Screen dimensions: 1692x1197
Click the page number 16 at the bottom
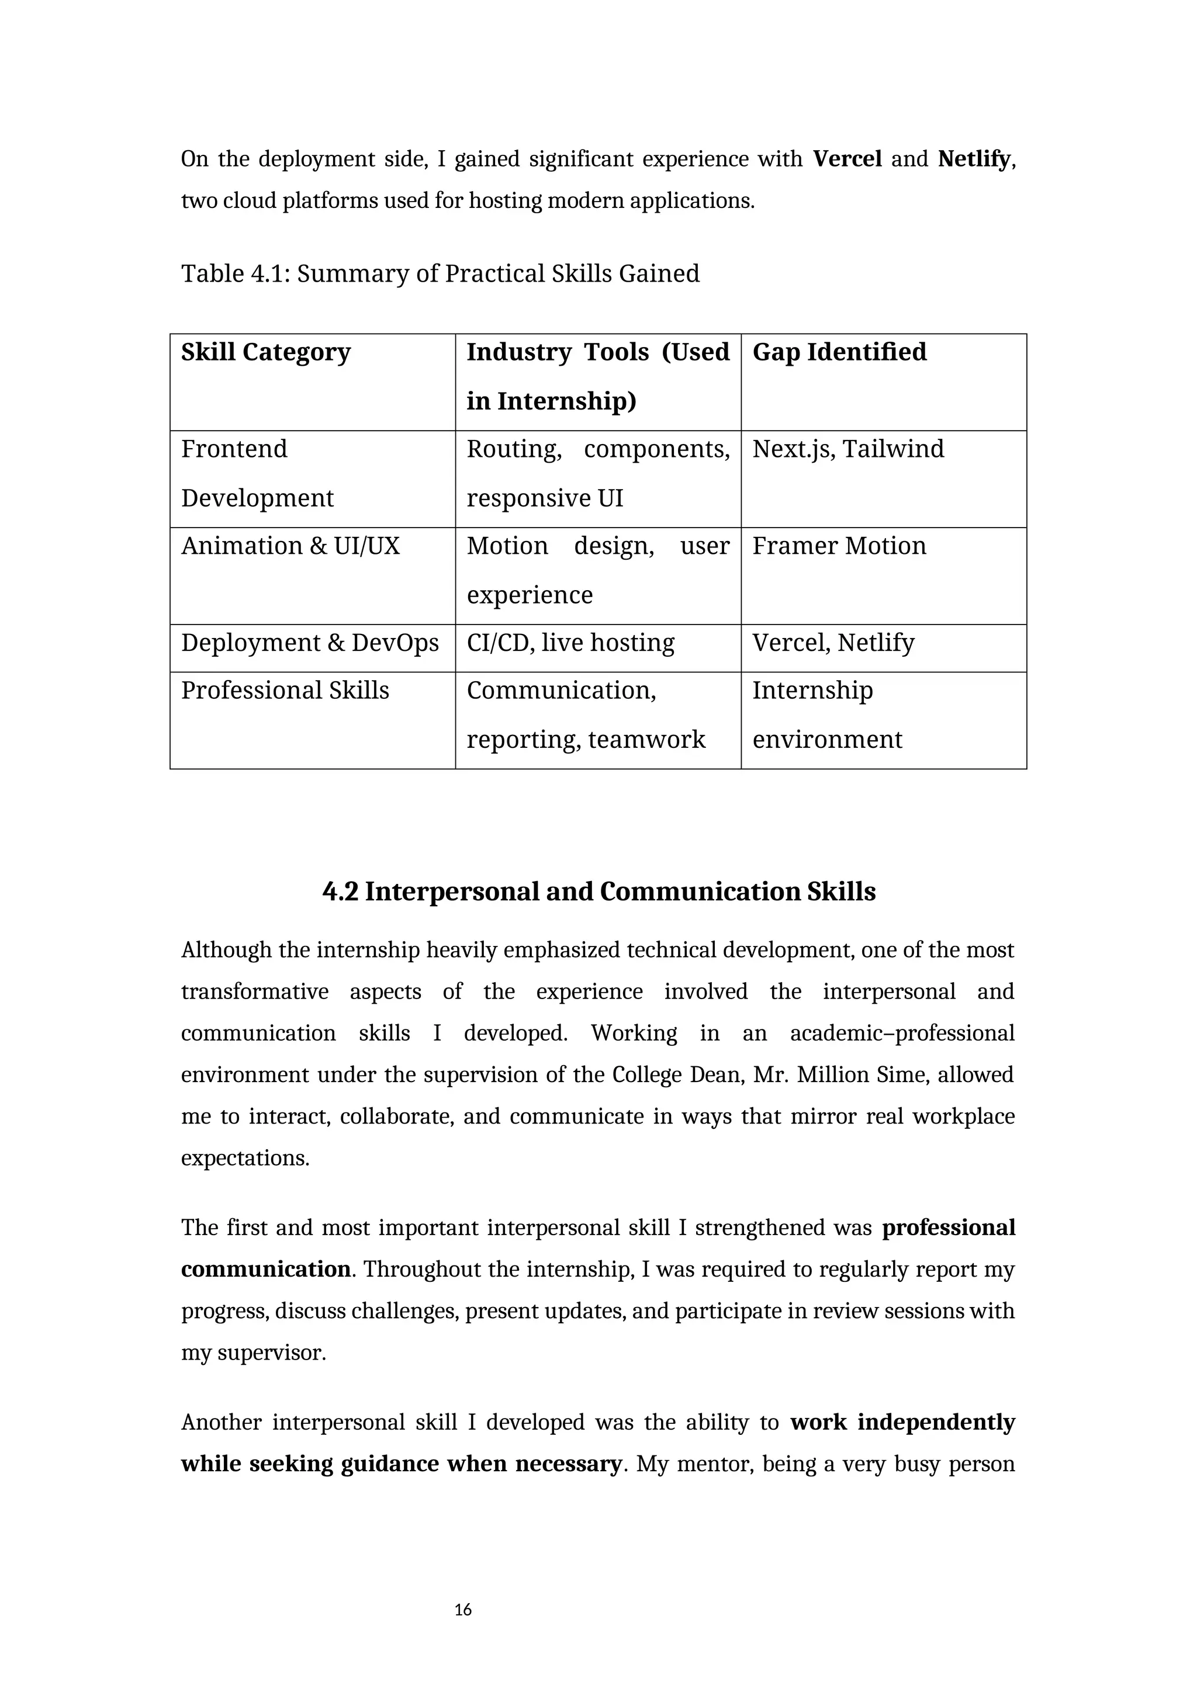(463, 1610)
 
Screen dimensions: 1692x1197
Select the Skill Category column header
(265, 352)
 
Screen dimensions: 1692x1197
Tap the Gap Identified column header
(839, 352)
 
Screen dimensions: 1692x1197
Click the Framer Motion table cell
(839, 546)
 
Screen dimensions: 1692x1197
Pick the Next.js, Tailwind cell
(847, 449)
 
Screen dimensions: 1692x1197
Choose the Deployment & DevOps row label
(310, 643)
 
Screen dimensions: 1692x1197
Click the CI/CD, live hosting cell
(570, 643)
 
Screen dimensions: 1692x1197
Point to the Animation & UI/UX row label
(290, 546)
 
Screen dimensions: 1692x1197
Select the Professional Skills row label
(285, 691)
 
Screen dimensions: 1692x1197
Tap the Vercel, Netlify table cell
(833, 643)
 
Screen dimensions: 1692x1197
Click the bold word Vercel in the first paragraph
(847, 159)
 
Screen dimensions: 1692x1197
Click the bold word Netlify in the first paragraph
(973, 159)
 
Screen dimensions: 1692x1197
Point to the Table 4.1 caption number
(268, 273)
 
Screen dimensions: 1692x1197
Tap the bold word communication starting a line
(265, 1269)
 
